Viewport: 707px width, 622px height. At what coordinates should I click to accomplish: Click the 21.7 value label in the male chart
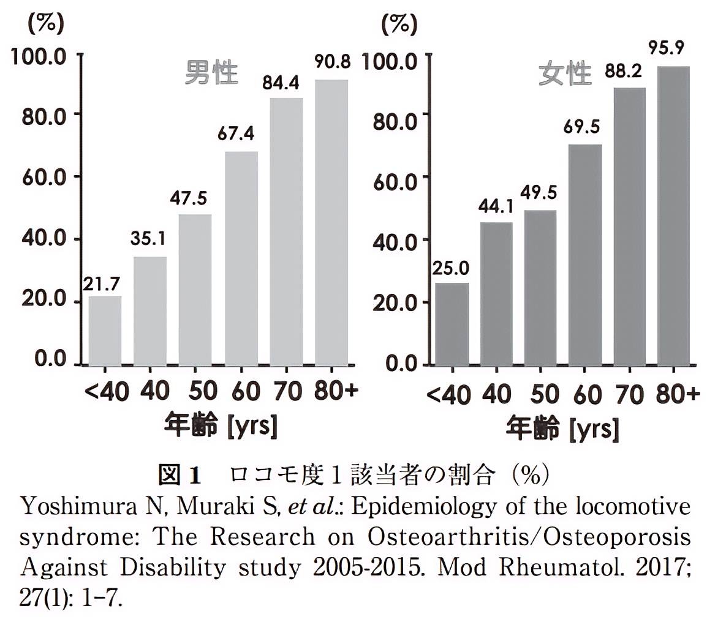(x=104, y=283)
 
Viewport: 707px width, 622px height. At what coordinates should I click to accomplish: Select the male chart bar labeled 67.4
(x=241, y=257)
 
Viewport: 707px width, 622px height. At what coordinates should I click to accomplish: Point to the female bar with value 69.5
(x=585, y=254)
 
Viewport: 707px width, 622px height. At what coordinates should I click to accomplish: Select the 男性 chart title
(x=211, y=73)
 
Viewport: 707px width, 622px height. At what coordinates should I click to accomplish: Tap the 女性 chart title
(x=565, y=75)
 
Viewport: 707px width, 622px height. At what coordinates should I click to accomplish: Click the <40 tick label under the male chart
(x=105, y=392)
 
